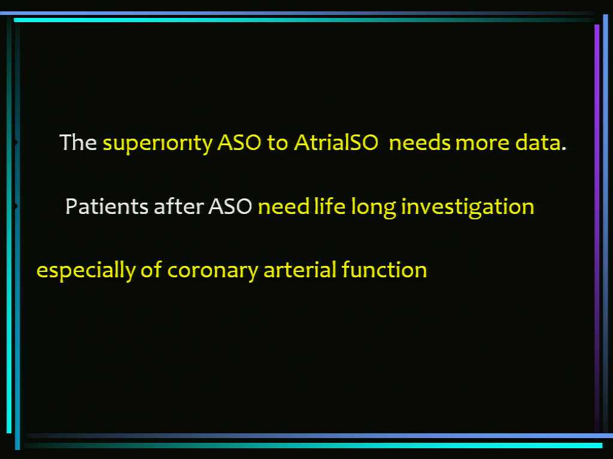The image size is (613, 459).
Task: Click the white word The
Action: click(x=78, y=142)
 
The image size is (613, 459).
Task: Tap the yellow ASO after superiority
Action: click(x=239, y=142)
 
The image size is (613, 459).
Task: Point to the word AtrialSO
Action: click(x=336, y=142)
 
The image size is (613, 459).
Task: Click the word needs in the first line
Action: click(x=420, y=142)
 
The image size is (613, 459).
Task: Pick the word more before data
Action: click(x=482, y=143)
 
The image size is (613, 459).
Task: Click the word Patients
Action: click(x=107, y=206)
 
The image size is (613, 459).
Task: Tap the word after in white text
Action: click(x=178, y=206)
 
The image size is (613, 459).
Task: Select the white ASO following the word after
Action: click(x=230, y=206)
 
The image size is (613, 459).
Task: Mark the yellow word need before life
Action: click(x=284, y=206)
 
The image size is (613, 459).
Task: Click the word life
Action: click(x=330, y=206)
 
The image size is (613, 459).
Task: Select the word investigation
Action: click(x=468, y=207)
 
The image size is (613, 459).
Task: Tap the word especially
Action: click(x=86, y=271)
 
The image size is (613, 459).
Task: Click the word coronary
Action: click(x=213, y=272)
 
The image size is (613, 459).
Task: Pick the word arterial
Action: click(x=300, y=270)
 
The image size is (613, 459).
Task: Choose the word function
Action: click(x=384, y=270)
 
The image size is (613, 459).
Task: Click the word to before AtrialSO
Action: click(x=277, y=143)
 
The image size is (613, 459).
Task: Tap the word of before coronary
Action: click(x=151, y=270)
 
